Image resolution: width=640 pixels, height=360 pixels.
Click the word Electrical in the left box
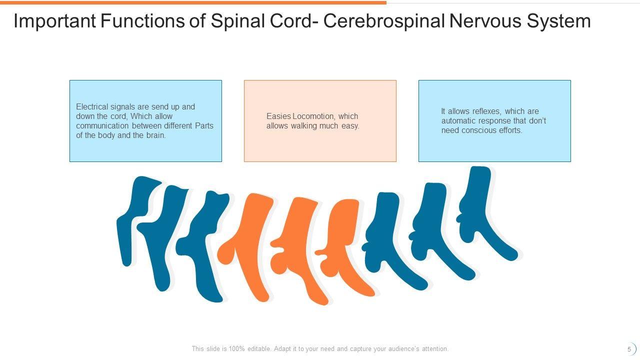91,106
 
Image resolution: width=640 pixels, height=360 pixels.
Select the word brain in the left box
154,135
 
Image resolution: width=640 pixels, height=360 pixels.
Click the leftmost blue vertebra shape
131,220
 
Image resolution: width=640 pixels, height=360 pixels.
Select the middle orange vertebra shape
295,245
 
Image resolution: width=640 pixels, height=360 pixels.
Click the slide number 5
629,349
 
